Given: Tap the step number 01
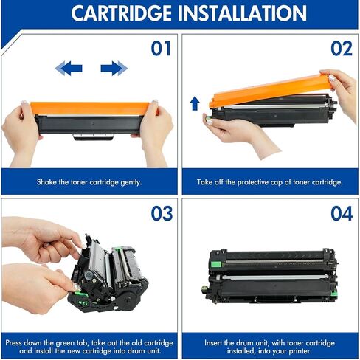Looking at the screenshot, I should point(162,49).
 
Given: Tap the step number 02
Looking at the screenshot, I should point(342,49).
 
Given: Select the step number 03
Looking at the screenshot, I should point(162,213).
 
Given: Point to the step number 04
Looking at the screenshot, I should point(342,213).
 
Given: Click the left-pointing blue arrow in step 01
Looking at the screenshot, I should point(69,69).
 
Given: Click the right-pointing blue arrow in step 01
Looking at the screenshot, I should point(114,69).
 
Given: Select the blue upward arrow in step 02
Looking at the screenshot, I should point(195,103).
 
